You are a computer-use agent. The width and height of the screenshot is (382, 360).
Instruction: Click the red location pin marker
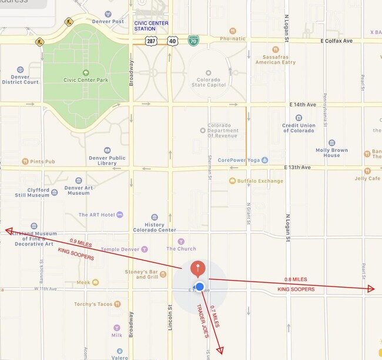[199, 269]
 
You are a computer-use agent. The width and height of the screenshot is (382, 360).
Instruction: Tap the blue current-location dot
[199, 287]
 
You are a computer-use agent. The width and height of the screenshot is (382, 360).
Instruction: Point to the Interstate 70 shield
[193, 41]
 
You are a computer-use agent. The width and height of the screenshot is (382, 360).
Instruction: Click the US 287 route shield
[152, 41]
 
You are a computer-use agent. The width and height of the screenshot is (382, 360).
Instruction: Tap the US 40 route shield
[172, 41]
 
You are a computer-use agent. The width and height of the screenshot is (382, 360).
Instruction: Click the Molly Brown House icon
[331, 142]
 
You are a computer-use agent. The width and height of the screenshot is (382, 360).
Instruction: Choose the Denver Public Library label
[107, 161]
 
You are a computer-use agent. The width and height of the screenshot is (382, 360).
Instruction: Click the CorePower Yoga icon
[264, 159]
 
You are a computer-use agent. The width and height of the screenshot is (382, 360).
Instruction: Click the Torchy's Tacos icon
[118, 304]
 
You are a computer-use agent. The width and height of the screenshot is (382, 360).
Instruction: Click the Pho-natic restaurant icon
[233, 31]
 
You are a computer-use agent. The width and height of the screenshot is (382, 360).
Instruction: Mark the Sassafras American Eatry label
[276, 58]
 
